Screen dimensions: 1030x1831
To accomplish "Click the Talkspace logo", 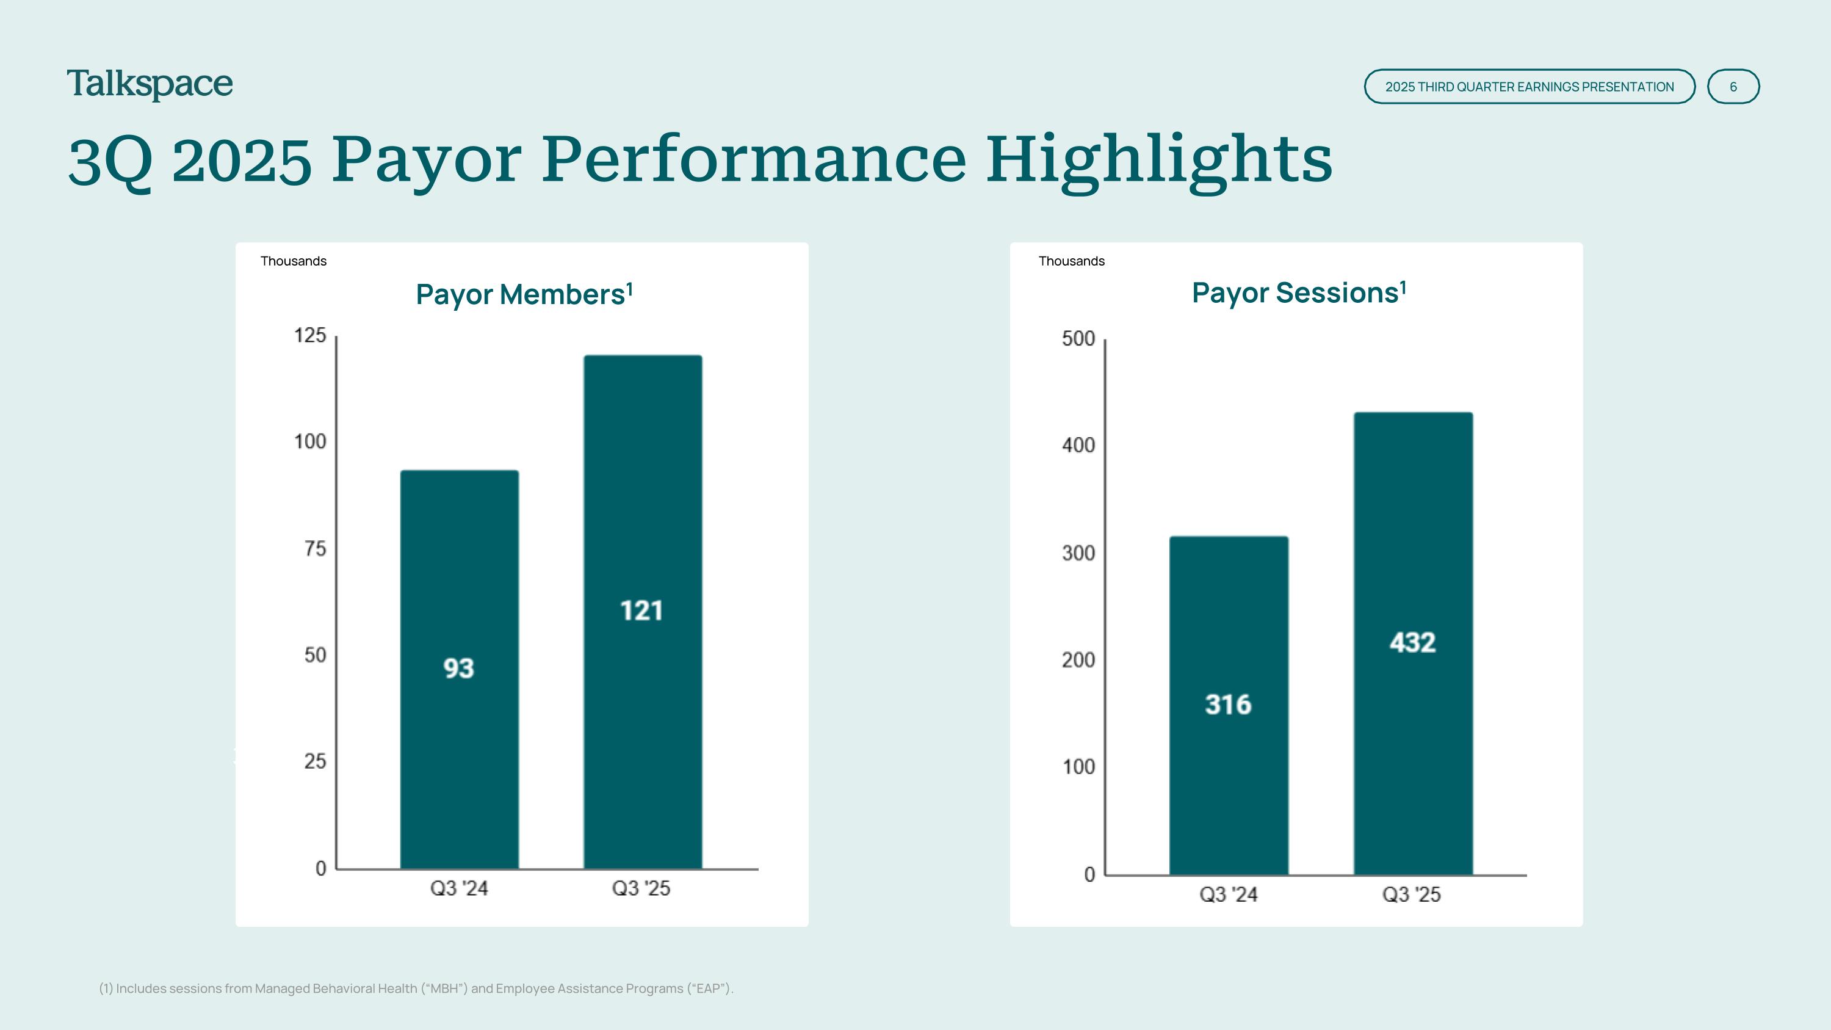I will [x=150, y=85].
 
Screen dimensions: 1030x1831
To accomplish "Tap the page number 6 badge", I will [x=1733, y=87].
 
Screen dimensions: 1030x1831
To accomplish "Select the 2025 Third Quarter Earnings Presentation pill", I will [x=1529, y=87].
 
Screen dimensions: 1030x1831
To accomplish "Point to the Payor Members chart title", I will [x=524, y=294].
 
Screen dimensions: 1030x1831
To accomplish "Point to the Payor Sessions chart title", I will [x=1299, y=293].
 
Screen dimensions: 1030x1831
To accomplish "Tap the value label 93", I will [x=458, y=668].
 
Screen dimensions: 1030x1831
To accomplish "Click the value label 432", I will [x=1412, y=642].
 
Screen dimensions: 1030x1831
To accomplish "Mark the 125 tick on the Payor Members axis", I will [x=310, y=336].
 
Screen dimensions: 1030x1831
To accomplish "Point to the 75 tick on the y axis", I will [x=315, y=549].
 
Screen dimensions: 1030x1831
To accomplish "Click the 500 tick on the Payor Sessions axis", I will [x=1078, y=338].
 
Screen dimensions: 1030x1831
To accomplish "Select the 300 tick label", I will [x=1078, y=553].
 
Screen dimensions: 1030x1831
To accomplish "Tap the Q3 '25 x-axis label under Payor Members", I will [x=641, y=888].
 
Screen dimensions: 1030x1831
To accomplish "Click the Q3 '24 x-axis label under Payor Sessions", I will [x=1228, y=894].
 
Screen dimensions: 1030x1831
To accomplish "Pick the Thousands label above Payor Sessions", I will [x=1071, y=261].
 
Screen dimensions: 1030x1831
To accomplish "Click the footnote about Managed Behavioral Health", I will [x=416, y=988].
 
